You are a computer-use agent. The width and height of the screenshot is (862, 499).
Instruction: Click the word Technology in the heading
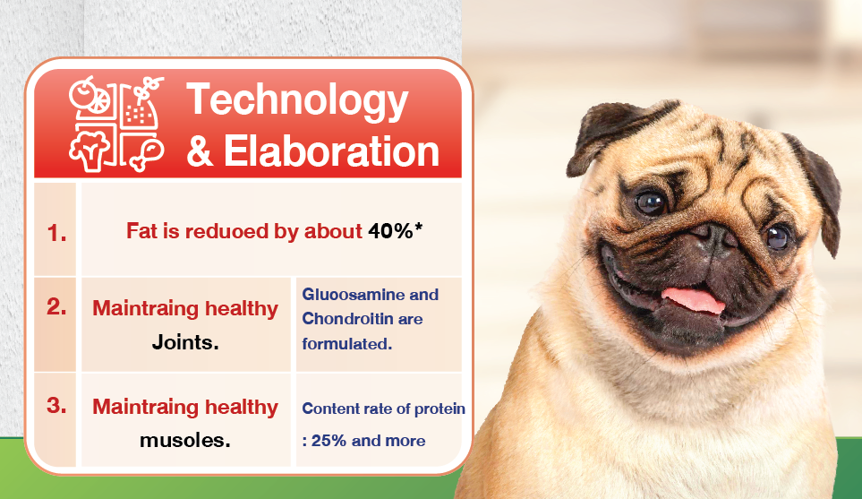point(297,100)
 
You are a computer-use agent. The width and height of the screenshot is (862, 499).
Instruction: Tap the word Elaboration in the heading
point(331,151)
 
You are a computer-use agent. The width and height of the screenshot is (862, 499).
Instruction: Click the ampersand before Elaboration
point(200,151)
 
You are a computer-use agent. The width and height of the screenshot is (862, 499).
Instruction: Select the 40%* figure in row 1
point(396,231)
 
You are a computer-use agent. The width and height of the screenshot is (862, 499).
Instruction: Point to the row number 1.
point(56,233)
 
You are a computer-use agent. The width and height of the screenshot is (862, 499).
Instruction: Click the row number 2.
point(56,306)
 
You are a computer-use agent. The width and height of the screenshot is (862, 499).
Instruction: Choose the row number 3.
point(56,406)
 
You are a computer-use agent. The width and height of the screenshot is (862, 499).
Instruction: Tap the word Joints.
point(185,342)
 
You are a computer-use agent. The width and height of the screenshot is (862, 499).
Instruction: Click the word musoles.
point(184,440)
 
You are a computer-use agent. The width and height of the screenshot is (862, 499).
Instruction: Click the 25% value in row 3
point(329,441)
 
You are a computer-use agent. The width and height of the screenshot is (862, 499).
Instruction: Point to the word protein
point(440,409)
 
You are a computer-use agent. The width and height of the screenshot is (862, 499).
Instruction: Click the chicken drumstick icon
point(146,155)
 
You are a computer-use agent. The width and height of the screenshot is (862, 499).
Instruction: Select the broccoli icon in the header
point(89,151)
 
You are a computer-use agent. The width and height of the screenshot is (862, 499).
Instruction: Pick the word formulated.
point(347,344)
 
